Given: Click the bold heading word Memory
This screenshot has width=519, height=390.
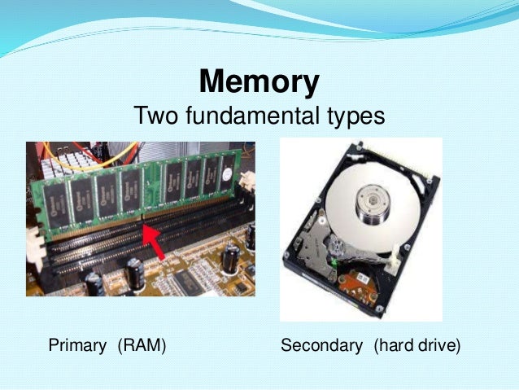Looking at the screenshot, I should click(259, 82).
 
